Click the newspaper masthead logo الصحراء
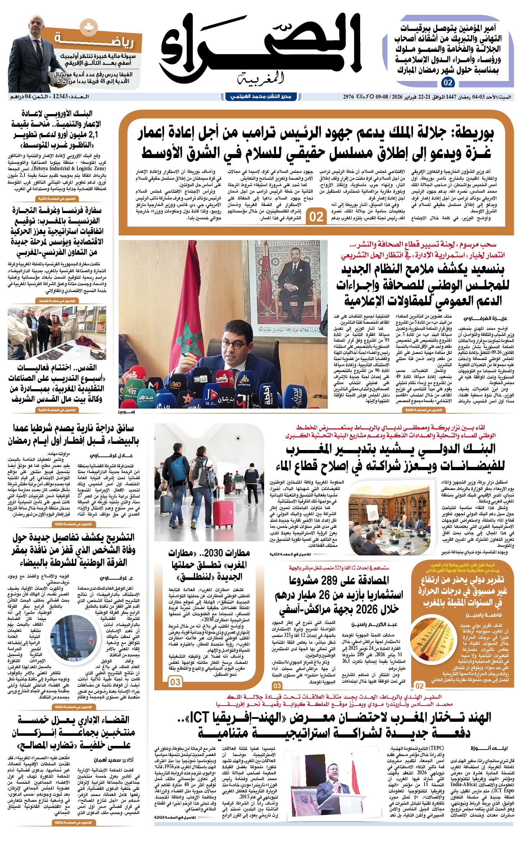click(x=260, y=45)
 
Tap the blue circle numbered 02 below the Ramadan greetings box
click(x=448, y=82)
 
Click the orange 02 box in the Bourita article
click(x=316, y=217)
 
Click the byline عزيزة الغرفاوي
click(x=485, y=319)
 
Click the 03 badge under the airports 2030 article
click(x=175, y=682)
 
